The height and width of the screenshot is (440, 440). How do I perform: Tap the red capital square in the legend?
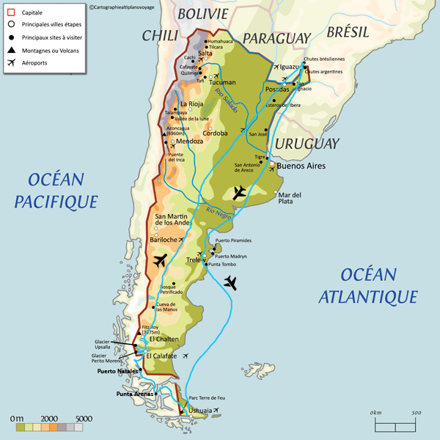click(x=11, y=12)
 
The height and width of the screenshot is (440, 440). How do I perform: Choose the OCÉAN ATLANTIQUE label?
click(x=369, y=285)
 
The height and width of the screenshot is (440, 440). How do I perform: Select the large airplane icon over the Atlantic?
click(x=231, y=282)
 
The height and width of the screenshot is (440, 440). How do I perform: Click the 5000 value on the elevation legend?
click(x=84, y=418)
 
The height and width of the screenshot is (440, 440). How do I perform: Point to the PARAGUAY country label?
click(x=277, y=37)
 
